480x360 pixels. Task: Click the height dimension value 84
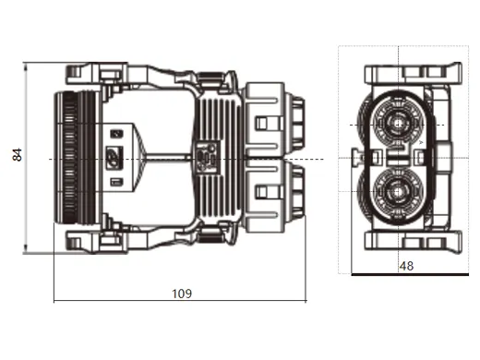click(17, 156)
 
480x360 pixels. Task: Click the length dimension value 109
click(182, 294)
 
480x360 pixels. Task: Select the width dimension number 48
click(407, 266)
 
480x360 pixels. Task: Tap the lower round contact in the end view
click(400, 193)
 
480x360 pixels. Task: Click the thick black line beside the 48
click(406, 274)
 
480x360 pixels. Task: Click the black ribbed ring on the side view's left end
click(67, 158)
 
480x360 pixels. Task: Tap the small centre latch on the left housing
click(114, 158)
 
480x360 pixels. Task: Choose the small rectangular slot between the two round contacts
click(400, 158)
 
